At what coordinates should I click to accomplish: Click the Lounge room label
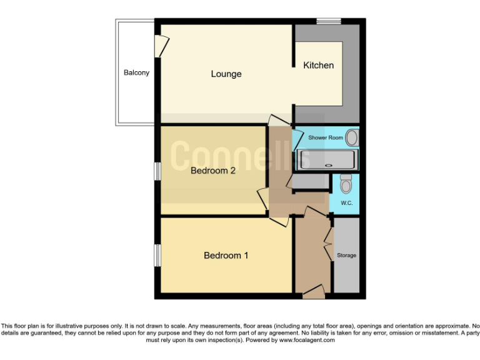click(226, 74)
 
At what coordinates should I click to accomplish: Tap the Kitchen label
click(318, 65)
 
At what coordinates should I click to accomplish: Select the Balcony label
click(136, 72)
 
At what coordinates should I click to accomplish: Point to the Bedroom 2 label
click(212, 171)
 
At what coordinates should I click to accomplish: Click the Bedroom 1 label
click(226, 255)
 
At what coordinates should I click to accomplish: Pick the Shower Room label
click(326, 137)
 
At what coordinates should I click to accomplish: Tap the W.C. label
click(347, 204)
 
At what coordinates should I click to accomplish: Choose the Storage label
click(346, 255)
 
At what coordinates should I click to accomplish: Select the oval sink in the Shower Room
click(352, 137)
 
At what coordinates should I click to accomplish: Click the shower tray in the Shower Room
click(326, 161)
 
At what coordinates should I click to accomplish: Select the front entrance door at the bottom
click(312, 290)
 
